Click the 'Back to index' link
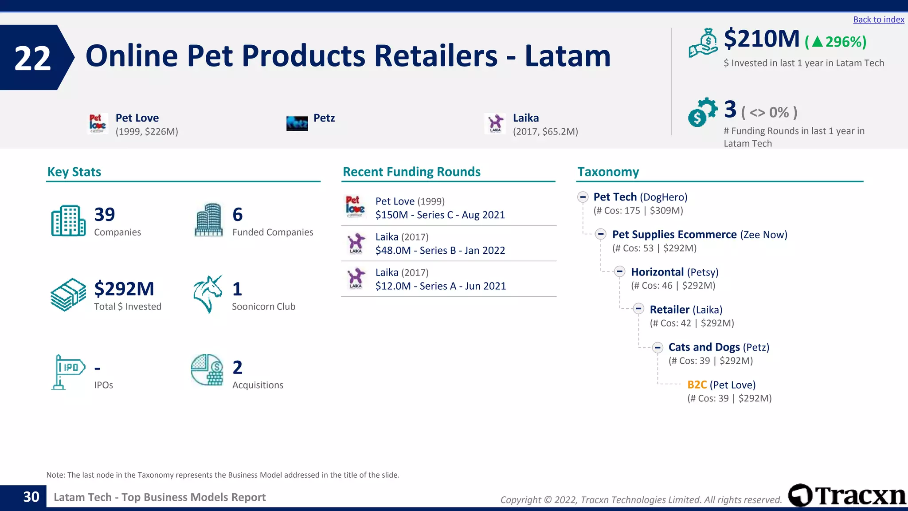pyautogui.click(x=878, y=20)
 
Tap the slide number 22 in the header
pyautogui.click(x=32, y=58)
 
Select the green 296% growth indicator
pyautogui.click(x=836, y=42)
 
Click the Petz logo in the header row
pyautogui.click(x=297, y=123)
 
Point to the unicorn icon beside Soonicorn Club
pyautogui.click(x=207, y=294)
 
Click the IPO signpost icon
pyautogui.click(x=67, y=372)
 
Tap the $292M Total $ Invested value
pyautogui.click(x=124, y=289)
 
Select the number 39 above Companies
pyautogui.click(x=105, y=215)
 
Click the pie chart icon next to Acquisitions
pyautogui.click(x=207, y=369)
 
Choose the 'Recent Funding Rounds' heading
pyautogui.click(x=411, y=172)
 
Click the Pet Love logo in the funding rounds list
pyautogui.click(x=355, y=207)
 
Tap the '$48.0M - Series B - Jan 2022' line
pyautogui.click(x=440, y=251)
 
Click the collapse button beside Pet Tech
pyautogui.click(x=583, y=197)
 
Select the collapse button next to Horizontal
pyautogui.click(x=620, y=272)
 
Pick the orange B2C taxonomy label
pyautogui.click(x=697, y=385)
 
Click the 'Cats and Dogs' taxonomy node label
pyautogui.click(x=704, y=347)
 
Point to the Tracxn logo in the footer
pyautogui.click(x=847, y=495)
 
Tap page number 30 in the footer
pyautogui.click(x=31, y=497)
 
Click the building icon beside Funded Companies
pyautogui.click(x=208, y=220)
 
